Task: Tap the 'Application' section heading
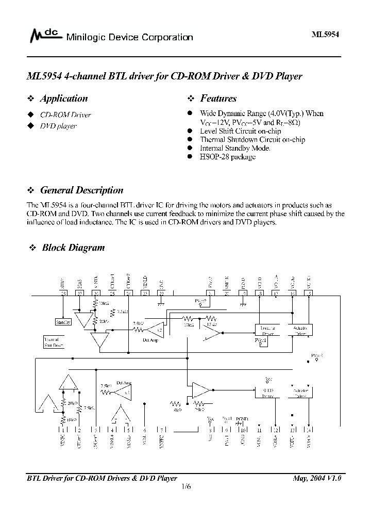[63, 99]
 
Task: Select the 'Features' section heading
[218, 99]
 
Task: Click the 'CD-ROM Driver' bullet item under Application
[65, 115]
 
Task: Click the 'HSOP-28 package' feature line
[227, 156]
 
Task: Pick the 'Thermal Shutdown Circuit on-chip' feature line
[252, 139]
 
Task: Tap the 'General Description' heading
[81, 190]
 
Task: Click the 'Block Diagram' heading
[73, 248]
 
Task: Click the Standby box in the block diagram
[63, 322]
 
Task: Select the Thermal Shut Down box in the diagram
[54, 342]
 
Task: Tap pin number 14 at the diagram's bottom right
[309, 430]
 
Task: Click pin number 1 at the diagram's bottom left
[63, 430]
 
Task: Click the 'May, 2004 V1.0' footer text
[316, 478]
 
